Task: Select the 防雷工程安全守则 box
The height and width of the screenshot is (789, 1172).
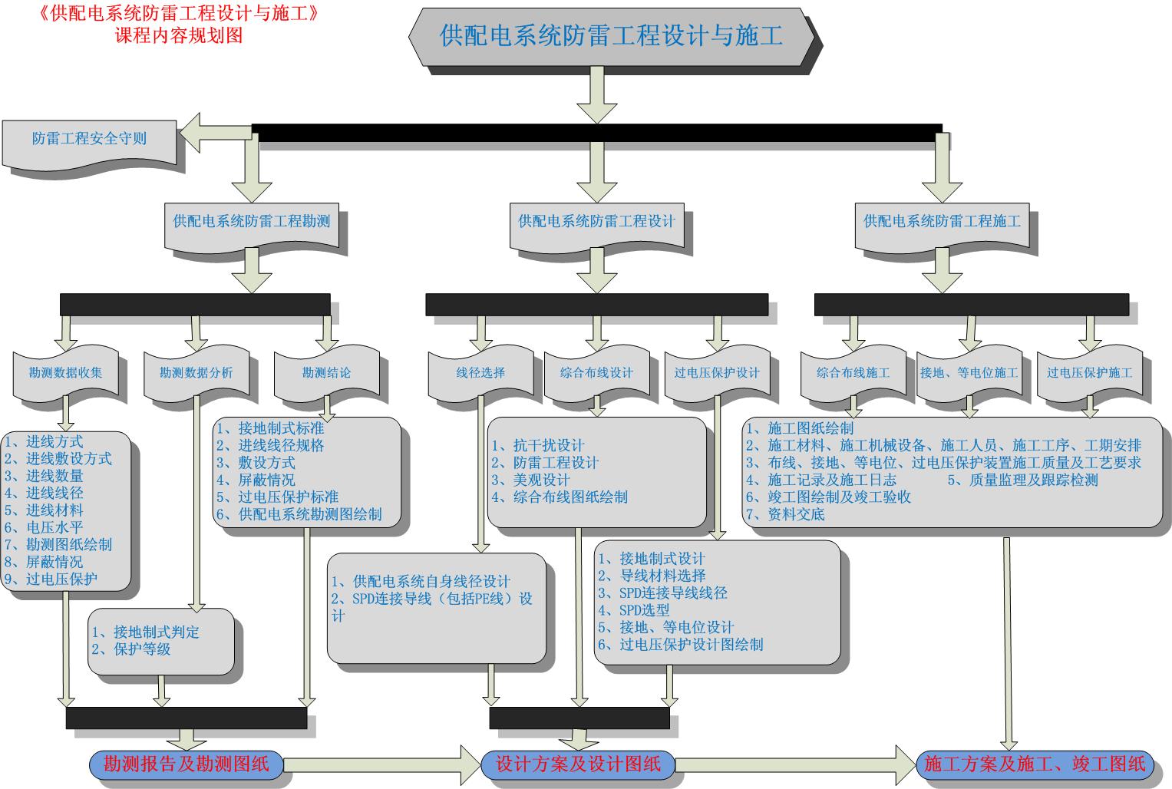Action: coord(89,139)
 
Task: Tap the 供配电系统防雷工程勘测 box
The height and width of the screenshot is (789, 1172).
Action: coord(252,222)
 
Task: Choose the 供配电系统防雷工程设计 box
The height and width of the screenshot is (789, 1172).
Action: coord(596,222)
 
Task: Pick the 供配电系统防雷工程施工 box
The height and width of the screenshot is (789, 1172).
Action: coord(942,222)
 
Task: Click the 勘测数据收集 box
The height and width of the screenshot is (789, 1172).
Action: coord(66,373)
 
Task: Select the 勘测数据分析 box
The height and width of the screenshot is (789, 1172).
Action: coord(196,373)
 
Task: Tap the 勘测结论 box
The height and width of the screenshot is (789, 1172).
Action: coord(326,373)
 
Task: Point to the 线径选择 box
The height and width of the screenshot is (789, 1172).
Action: coord(481,373)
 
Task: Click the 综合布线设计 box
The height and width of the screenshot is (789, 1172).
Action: coord(596,373)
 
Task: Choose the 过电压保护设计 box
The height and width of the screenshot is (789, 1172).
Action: coord(717,373)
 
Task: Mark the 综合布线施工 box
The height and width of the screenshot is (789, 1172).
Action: coord(853,373)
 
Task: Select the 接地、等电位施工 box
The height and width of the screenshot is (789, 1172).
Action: coord(969,373)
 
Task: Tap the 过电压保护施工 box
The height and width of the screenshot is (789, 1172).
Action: coord(1089,373)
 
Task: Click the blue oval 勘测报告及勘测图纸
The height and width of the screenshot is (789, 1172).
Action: coord(187,764)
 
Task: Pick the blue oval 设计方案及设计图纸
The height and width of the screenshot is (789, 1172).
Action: coord(578,764)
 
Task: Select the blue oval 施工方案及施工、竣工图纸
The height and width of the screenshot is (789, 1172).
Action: coord(1035,764)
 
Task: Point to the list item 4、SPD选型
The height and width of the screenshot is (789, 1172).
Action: coord(634,610)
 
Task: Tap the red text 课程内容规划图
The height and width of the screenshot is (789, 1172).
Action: coord(179,35)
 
